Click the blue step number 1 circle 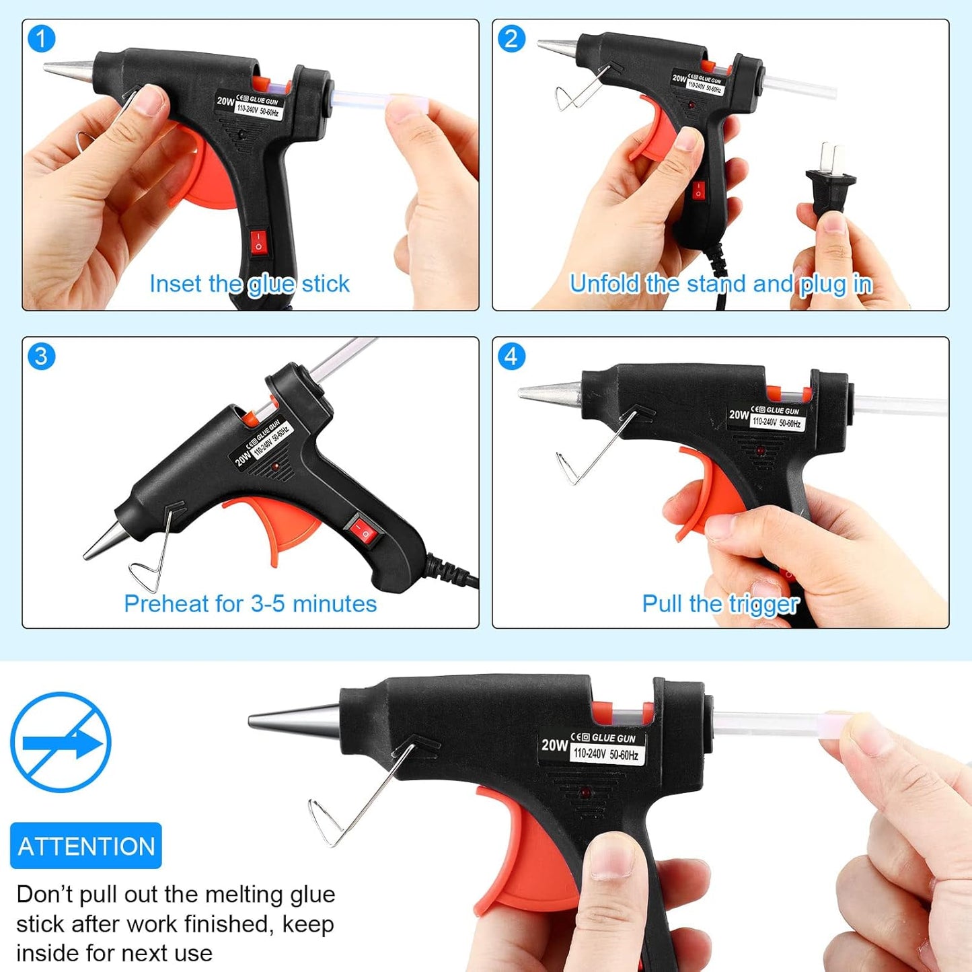pyautogui.click(x=41, y=39)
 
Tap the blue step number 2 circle pyautogui.click(x=511, y=39)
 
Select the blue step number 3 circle pyautogui.click(x=41, y=357)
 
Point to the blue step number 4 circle pyautogui.click(x=511, y=357)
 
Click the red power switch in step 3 pyautogui.click(x=363, y=531)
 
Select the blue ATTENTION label pyautogui.click(x=86, y=846)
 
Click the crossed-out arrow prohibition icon pyautogui.click(x=61, y=743)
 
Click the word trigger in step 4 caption pyautogui.click(x=763, y=604)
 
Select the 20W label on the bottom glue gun pyautogui.click(x=554, y=745)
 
